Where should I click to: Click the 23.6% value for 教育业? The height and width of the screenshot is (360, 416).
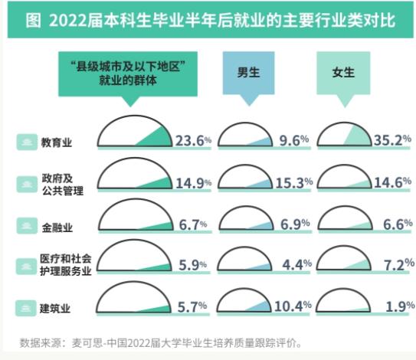pyautogui.click(x=192, y=141)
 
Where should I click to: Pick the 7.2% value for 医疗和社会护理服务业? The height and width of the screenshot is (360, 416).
pyautogui.click(x=397, y=265)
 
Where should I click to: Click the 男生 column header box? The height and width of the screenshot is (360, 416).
pyautogui.click(x=247, y=74)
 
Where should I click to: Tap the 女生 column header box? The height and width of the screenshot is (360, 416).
pyautogui.click(x=343, y=74)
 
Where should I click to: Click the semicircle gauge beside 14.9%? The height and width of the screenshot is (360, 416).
pyautogui.click(x=135, y=175)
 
